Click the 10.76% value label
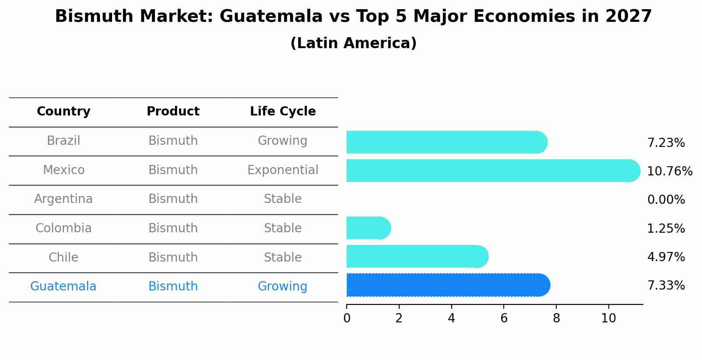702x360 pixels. [669, 171]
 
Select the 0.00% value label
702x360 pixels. [666, 200]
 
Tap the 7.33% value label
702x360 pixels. [666, 286]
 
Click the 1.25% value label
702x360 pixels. [666, 228]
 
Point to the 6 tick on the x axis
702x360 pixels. [504, 318]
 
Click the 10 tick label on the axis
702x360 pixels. [608, 318]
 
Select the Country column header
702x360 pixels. [63, 112]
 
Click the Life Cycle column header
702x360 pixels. [283, 112]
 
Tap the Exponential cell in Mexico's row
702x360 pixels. [283, 170]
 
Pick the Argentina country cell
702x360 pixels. [63, 199]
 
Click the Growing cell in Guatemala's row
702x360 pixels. [282, 287]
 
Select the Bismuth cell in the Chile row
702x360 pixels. [173, 257]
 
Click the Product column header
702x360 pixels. [173, 112]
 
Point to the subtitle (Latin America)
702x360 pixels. [353, 43]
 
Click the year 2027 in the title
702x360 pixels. [628, 17]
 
